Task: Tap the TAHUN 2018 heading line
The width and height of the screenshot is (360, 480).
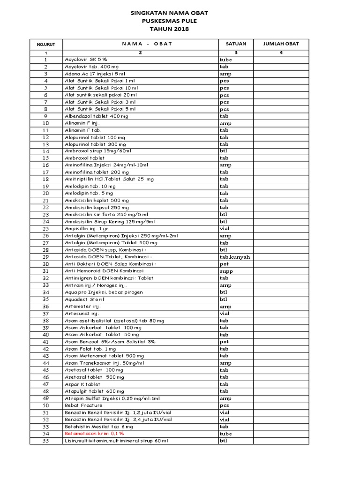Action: tap(169, 29)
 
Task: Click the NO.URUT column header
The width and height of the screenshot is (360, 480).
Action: tap(46, 44)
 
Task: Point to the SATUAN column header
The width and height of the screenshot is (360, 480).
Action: tap(236, 44)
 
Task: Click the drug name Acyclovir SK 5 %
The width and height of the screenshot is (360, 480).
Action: tap(86, 60)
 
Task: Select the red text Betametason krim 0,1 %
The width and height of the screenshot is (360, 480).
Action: tap(94, 434)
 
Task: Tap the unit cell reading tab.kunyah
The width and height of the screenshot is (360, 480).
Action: tap(235, 257)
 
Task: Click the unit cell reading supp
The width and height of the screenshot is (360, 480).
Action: tap(226, 271)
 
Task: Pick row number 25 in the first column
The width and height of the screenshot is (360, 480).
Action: tap(46, 229)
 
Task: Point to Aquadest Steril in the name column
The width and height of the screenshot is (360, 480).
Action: tap(84, 299)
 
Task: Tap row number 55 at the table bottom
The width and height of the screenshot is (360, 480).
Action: tap(46, 441)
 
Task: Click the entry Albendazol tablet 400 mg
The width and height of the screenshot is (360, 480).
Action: tap(96, 116)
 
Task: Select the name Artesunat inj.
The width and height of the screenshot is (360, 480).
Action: tap(82, 313)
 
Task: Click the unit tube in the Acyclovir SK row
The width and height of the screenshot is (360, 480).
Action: tap(226, 60)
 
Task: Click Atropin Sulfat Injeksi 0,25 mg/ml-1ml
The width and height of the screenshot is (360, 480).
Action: tap(112, 398)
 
